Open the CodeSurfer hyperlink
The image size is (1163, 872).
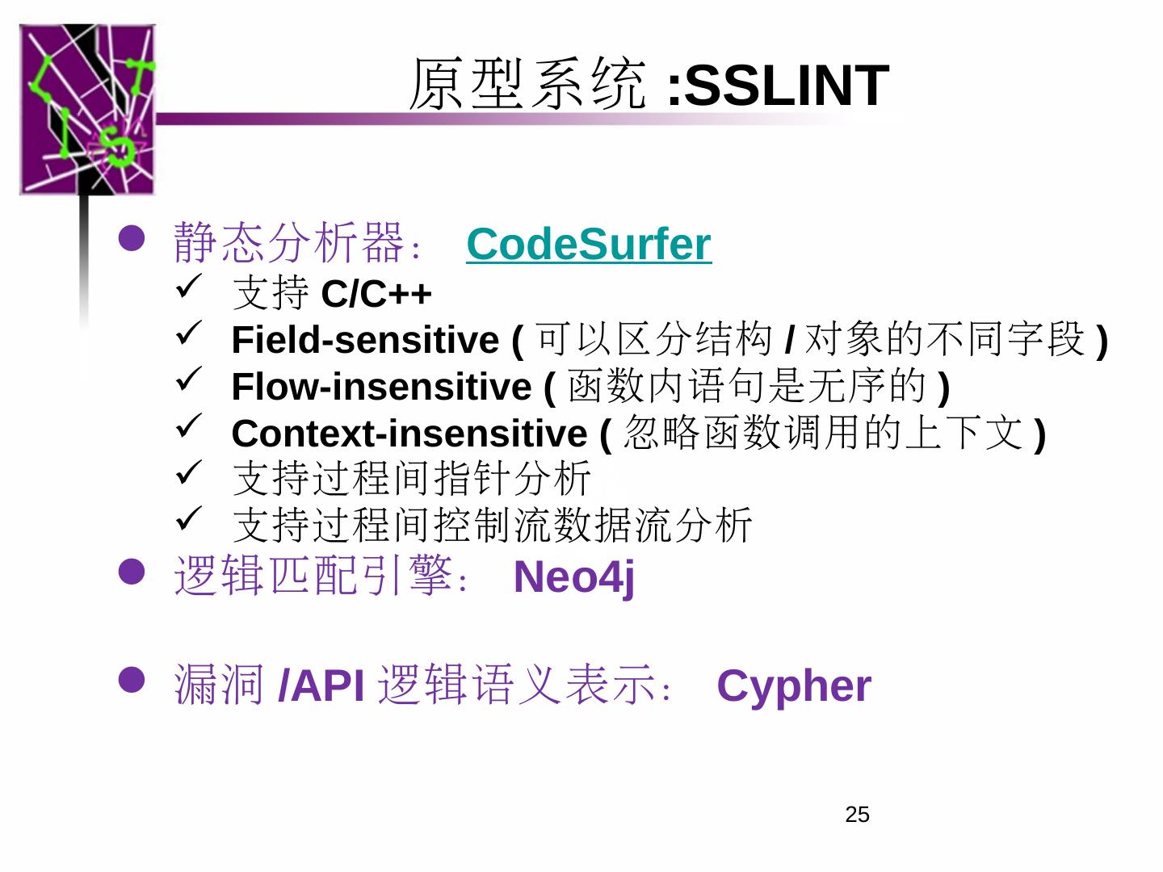(x=588, y=244)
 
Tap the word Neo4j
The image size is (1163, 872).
(x=573, y=577)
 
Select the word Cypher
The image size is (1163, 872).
(x=793, y=686)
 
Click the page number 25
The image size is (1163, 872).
(x=857, y=815)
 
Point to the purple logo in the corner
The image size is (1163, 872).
(x=86, y=109)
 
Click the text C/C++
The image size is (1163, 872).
(x=376, y=294)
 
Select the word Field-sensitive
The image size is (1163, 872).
(x=365, y=340)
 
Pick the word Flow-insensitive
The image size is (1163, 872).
(x=381, y=387)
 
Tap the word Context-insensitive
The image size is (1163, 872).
(x=409, y=434)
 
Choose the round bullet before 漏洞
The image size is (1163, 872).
(x=132, y=680)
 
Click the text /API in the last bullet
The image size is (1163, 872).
(x=321, y=686)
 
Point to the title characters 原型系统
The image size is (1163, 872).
(x=528, y=84)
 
